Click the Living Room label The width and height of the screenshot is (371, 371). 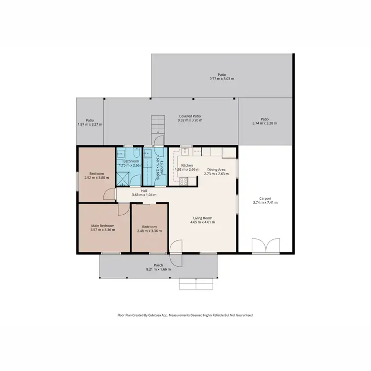pyautogui.click(x=202, y=218)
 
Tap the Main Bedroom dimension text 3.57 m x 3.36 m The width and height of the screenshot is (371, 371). pyautogui.click(x=103, y=230)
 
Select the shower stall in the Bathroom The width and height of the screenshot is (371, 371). pyautogui.click(x=123, y=177)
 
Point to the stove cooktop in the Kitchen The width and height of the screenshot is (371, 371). pyautogui.click(x=183, y=181)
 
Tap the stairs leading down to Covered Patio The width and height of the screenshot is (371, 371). pyautogui.click(x=157, y=124)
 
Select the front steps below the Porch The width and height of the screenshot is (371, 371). pyautogui.click(x=196, y=283)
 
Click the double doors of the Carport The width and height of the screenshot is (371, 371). pyautogui.click(x=265, y=245)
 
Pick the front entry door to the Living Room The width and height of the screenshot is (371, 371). pyautogui.click(x=176, y=247)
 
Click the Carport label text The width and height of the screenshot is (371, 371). pyautogui.click(x=265, y=198)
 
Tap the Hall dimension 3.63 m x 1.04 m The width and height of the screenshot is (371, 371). pyautogui.click(x=144, y=195)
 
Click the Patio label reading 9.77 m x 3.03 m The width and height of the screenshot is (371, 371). pyautogui.click(x=222, y=78)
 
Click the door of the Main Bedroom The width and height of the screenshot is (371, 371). pyautogui.click(x=122, y=210)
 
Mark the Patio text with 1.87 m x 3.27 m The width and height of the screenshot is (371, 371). pyautogui.click(x=90, y=124)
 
